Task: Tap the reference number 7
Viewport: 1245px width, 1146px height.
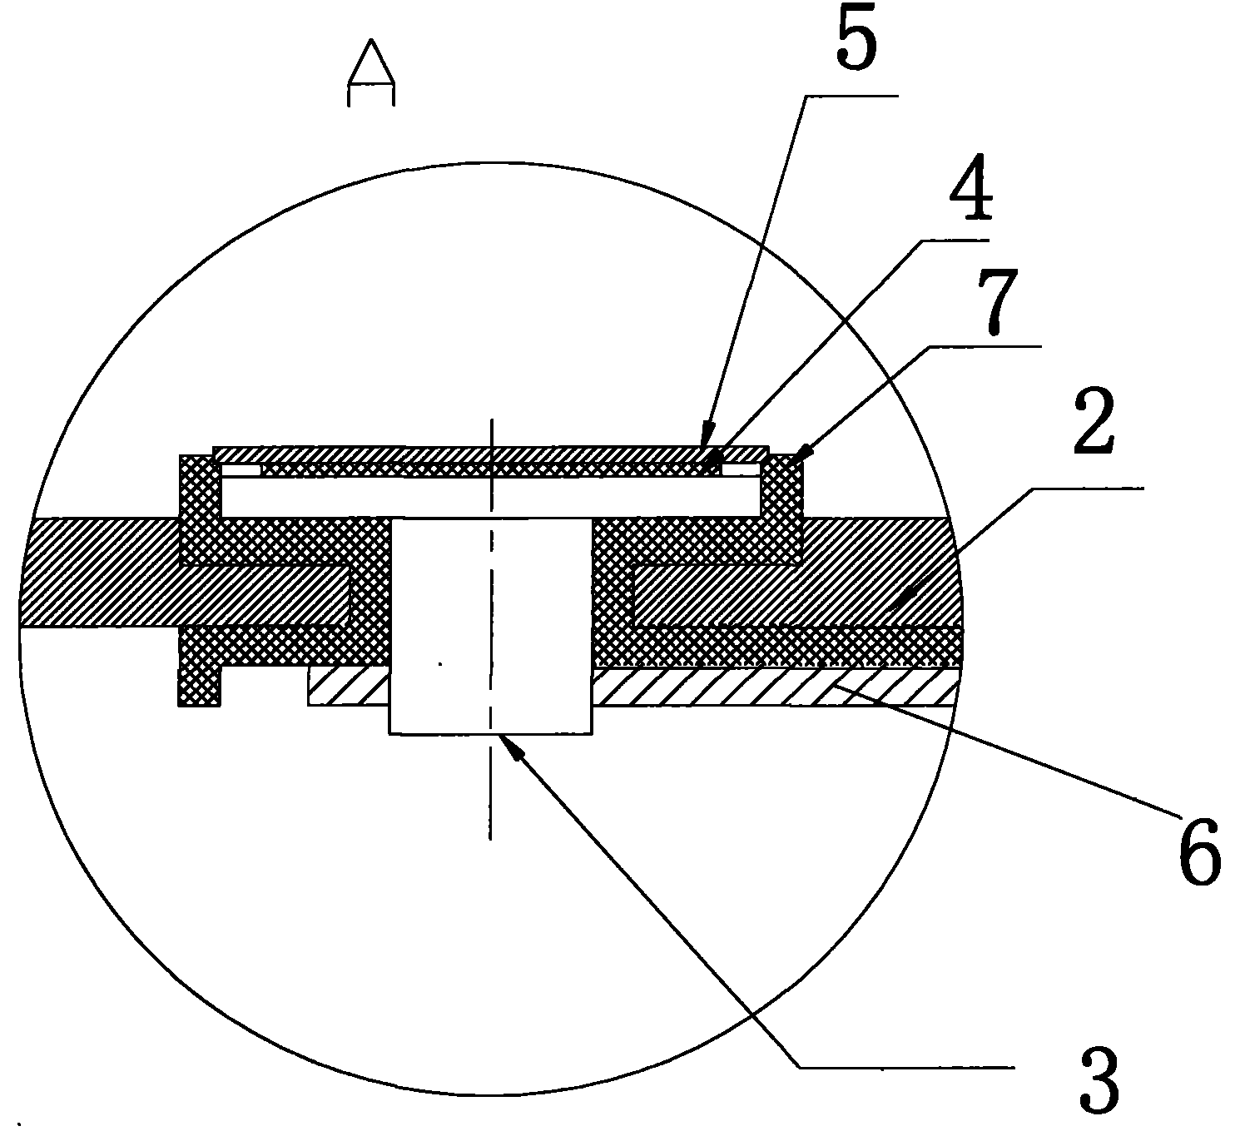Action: [x=997, y=302]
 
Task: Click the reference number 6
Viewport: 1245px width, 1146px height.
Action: [x=1200, y=851]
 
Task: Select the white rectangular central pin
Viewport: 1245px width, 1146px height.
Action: [x=491, y=626]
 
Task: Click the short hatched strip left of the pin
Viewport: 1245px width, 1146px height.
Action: [x=349, y=687]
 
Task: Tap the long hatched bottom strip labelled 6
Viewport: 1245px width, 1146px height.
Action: [x=772, y=687]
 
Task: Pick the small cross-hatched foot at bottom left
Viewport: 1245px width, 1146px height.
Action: [x=199, y=685]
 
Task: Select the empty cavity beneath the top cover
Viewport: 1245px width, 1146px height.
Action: [x=491, y=497]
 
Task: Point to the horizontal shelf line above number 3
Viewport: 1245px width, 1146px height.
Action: [x=907, y=1067]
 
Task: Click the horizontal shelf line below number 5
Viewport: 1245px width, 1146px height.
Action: [x=851, y=97]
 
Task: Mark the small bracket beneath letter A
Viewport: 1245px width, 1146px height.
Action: [x=371, y=94]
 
